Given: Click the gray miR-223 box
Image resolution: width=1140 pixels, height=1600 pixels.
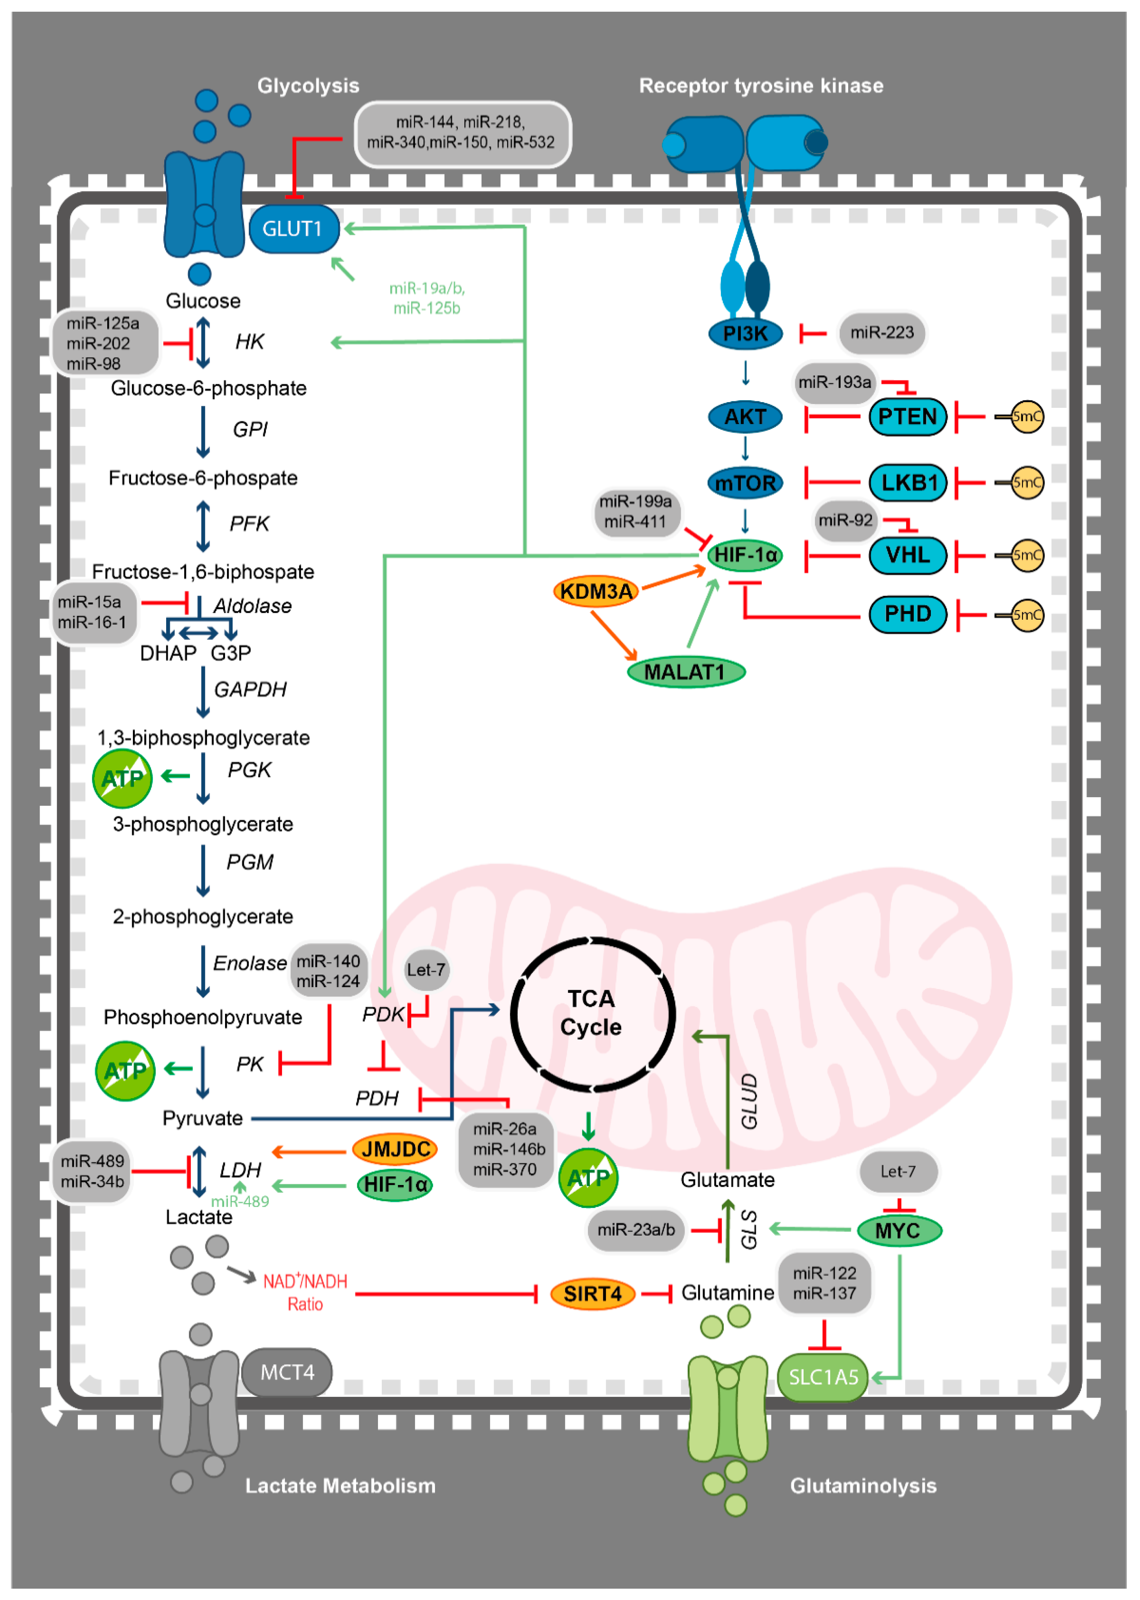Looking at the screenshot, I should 882,333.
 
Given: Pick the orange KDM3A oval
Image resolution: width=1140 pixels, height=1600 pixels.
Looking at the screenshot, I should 596,592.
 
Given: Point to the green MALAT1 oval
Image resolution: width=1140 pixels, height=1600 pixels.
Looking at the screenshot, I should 685,672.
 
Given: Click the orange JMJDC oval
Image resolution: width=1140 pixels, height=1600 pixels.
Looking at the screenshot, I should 395,1149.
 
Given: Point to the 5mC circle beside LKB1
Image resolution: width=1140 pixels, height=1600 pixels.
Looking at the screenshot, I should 1026,483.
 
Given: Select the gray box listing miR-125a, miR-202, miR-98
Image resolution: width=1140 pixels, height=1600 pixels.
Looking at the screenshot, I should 104,343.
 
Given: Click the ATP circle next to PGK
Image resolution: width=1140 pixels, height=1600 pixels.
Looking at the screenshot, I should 122,778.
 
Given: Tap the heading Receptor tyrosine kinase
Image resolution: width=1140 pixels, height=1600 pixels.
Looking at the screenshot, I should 761,86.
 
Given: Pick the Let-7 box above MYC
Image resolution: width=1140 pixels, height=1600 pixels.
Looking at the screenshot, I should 898,1171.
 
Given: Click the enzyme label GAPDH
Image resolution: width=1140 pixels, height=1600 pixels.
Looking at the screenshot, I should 250,690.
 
